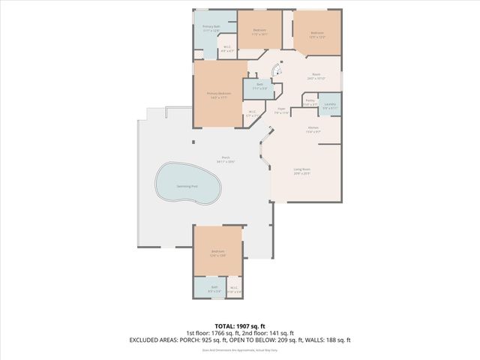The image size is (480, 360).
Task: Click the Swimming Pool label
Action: (187, 186)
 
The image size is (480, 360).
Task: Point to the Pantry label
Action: (310, 102)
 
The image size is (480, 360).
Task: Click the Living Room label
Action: (301, 171)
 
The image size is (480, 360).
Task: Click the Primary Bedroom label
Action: (219, 94)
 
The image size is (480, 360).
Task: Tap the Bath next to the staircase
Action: (259, 86)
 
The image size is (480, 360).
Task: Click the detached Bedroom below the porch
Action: (217, 253)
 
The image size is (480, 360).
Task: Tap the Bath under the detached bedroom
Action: (214, 288)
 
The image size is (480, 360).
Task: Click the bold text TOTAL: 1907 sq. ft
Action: (239, 326)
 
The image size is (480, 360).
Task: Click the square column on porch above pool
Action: (193, 142)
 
